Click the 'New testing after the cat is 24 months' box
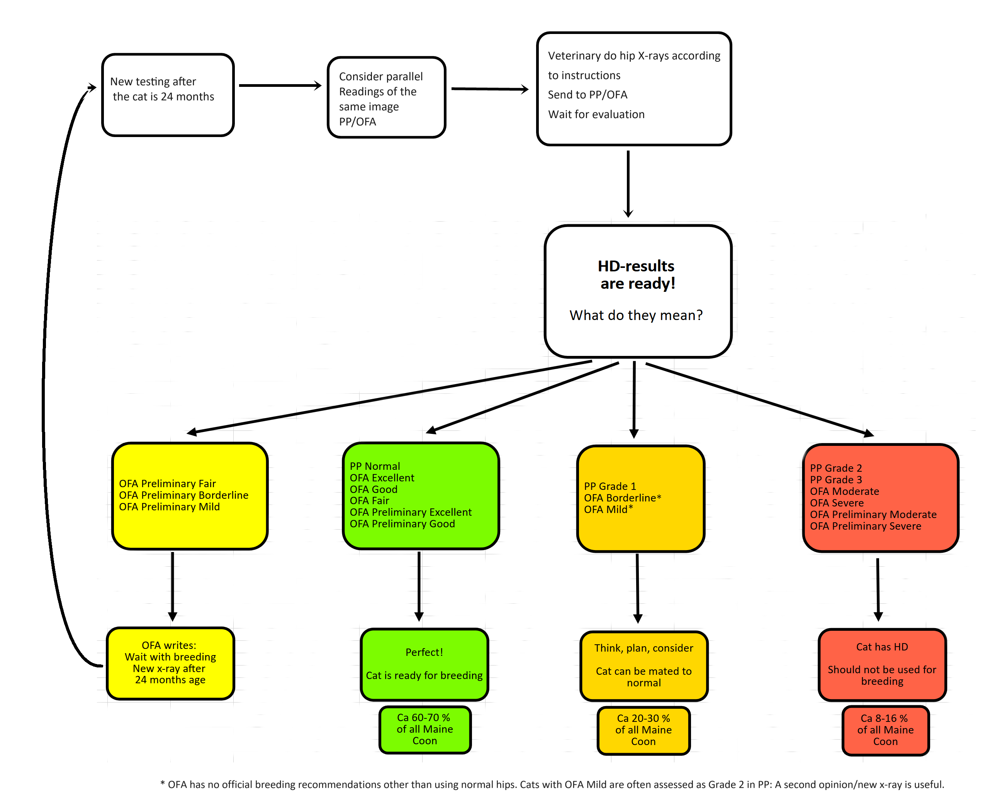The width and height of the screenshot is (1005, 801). point(168,95)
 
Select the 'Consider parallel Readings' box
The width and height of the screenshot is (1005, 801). point(386,97)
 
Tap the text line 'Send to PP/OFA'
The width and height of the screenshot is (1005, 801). point(587,95)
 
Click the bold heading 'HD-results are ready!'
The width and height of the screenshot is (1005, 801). point(637,274)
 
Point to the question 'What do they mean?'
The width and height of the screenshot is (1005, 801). point(636,315)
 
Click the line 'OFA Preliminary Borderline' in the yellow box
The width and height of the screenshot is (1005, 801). point(184,495)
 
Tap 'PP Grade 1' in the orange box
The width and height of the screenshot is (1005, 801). point(610,486)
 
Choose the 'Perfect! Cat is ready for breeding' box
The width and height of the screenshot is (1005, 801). point(424,664)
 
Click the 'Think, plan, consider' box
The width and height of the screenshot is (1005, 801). point(644,666)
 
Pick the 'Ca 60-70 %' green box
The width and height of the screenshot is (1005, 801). point(424,729)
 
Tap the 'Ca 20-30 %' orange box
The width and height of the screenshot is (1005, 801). point(643,730)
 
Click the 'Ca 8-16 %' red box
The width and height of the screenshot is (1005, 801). point(885,730)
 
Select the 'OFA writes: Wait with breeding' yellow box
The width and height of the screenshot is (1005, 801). point(170,663)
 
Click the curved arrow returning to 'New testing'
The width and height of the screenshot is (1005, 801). point(43,373)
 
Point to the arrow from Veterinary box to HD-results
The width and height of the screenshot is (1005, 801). point(628,184)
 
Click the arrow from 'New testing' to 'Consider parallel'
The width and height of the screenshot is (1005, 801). point(280,85)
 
